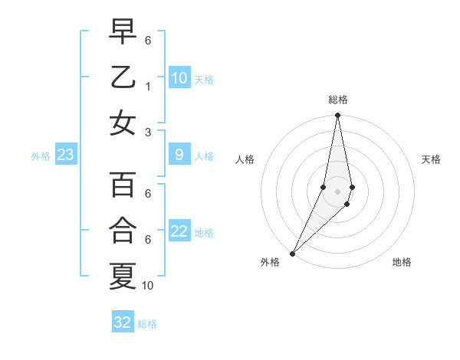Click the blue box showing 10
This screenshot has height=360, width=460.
pyautogui.click(x=179, y=78)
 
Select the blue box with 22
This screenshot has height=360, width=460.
pyautogui.click(x=179, y=232)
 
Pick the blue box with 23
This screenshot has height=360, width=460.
pyautogui.click(x=66, y=155)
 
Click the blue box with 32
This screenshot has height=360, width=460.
pyautogui.click(x=123, y=322)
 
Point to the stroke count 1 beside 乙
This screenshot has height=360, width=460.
pyautogui.click(x=148, y=86)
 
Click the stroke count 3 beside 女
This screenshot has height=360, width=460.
pyautogui.click(x=148, y=131)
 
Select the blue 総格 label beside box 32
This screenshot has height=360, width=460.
pyautogui.click(x=147, y=324)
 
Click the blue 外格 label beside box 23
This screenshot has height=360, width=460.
pyautogui.click(x=41, y=156)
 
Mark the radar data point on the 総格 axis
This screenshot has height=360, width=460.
pyautogui.click(x=337, y=116)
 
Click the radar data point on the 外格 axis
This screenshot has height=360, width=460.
pyautogui.click(x=293, y=253)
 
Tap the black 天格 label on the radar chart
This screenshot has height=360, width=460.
pyautogui.click(x=431, y=159)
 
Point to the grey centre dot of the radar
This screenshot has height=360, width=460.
pyautogui.click(x=337, y=191)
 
